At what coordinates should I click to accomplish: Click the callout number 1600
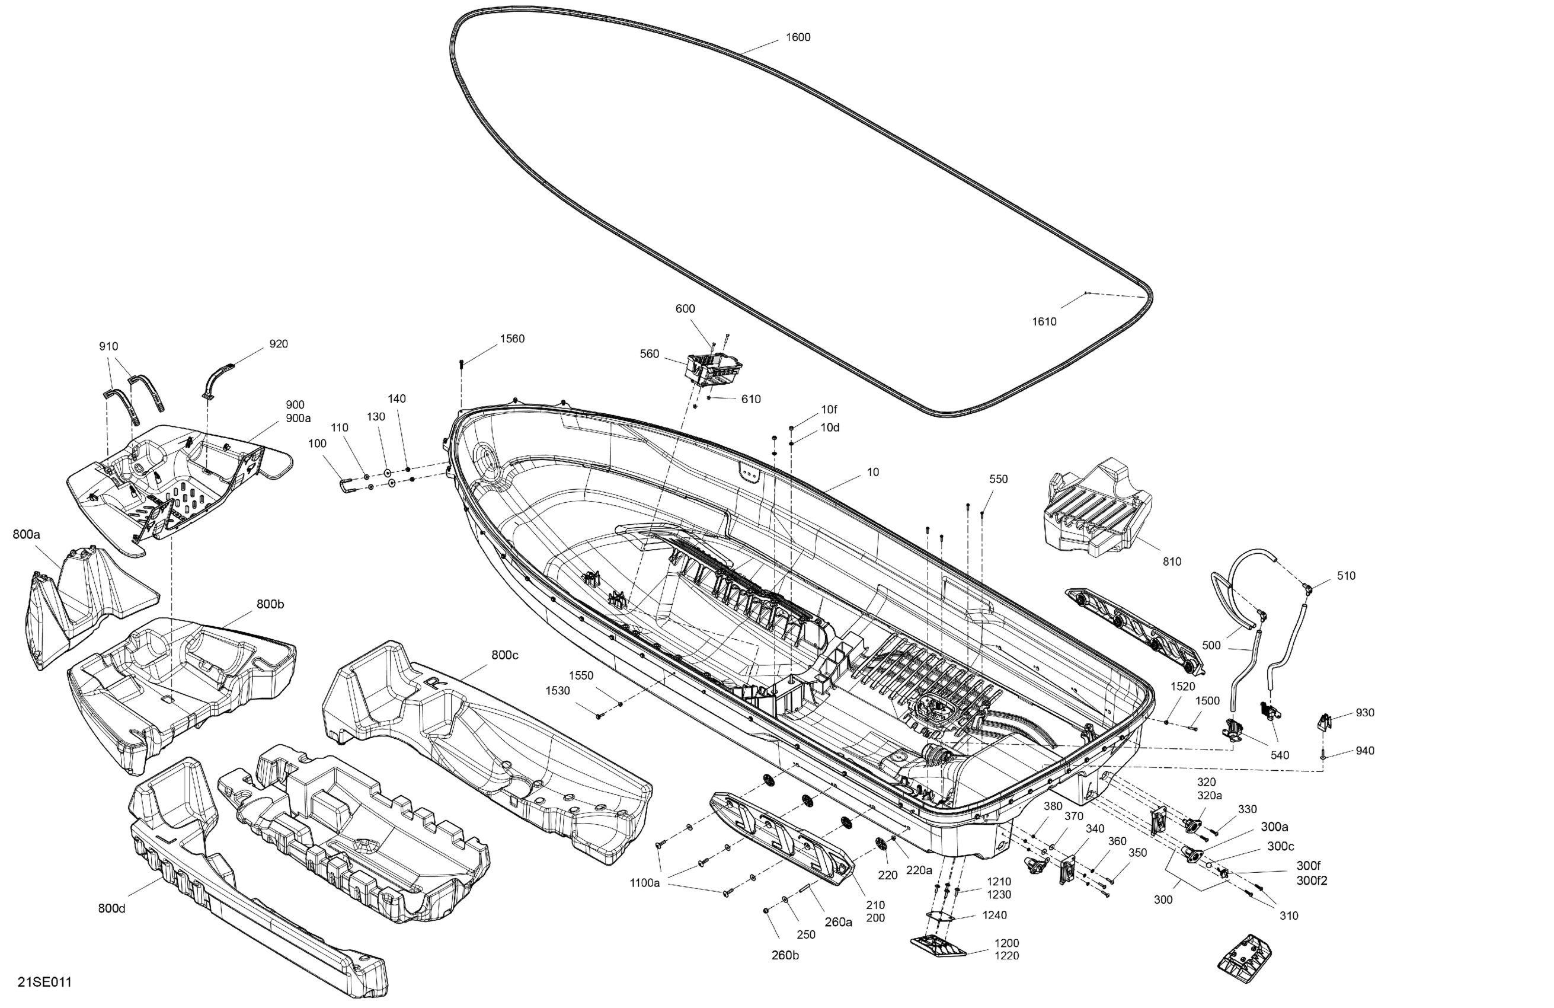click(x=797, y=37)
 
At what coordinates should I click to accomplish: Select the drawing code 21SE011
click(x=44, y=983)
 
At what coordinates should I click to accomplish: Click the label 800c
click(x=505, y=655)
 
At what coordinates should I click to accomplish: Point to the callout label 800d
click(x=111, y=909)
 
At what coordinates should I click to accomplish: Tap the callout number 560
click(x=649, y=354)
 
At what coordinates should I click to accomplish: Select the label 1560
click(x=512, y=339)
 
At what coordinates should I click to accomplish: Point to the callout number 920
click(x=278, y=344)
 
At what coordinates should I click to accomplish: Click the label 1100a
click(x=644, y=883)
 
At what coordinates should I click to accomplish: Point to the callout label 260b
click(x=785, y=955)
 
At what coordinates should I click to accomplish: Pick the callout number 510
click(x=1346, y=576)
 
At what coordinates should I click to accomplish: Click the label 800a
click(x=26, y=534)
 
